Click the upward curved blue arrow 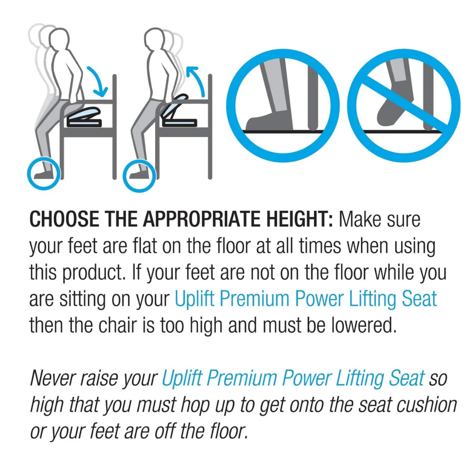(196, 79)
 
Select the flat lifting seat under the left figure (84, 117)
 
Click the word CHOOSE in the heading (64, 219)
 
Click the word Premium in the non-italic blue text (254, 299)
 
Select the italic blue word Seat (406, 379)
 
